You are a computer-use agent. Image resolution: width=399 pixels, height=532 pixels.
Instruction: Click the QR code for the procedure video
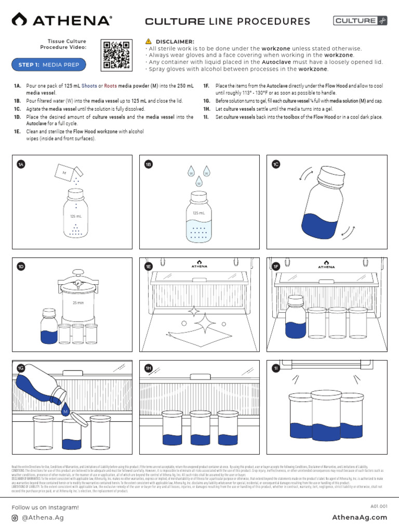[x=116, y=55]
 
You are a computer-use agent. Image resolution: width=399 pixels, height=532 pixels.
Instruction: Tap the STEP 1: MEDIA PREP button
[x=49, y=64]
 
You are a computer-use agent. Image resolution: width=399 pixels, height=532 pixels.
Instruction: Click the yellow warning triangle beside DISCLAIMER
[x=148, y=41]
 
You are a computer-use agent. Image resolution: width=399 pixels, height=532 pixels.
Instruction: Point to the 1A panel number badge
[x=21, y=164]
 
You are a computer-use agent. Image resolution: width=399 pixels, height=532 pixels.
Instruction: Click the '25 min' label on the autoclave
[x=78, y=303]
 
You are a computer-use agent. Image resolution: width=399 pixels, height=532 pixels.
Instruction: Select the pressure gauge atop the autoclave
[x=77, y=283]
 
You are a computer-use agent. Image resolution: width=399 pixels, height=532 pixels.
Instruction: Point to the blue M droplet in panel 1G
[x=65, y=411]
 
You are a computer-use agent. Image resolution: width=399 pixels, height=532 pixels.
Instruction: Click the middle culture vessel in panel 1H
[x=199, y=423]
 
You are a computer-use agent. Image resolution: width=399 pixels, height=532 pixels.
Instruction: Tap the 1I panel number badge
[x=276, y=368]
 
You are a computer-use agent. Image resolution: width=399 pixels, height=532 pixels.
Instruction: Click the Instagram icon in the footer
[x=15, y=518]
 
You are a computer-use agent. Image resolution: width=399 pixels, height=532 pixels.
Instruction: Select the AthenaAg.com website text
[x=360, y=517]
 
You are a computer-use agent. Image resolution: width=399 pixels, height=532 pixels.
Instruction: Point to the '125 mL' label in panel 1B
[x=198, y=213]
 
